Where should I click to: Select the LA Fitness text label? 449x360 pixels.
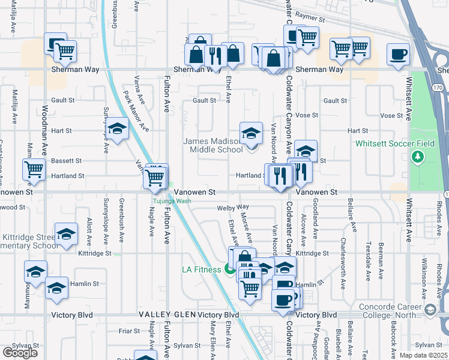(202, 269)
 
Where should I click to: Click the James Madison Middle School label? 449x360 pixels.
(212, 145)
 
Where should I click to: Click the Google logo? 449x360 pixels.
(20, 352)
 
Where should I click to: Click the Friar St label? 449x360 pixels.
(129, 330)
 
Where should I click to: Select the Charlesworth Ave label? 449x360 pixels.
(343, 251)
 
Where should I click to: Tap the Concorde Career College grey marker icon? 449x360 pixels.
(429, 310)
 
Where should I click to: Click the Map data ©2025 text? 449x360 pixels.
(423, 355)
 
